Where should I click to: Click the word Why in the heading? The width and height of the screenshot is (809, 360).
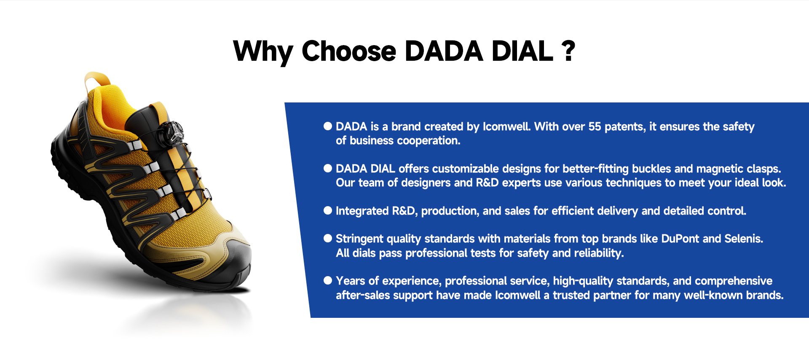(x=263, y=52)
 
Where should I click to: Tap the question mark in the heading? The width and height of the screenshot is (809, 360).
(x=568, y=51)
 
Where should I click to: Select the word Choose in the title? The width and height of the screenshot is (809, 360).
(x=349, y=51)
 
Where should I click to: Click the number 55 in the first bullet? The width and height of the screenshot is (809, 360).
(x=595, y=126)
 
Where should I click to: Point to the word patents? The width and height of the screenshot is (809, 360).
(x=625, y=127)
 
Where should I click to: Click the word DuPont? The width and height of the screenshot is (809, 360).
(x=680, y=239)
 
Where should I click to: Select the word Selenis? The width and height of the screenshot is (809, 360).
(x=744, y=239)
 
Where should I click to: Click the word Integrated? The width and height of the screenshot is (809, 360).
(x=362, y=211)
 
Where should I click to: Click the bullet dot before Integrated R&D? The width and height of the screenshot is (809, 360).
(x=328, y=210)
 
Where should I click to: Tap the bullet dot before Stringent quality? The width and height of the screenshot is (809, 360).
(x=328, y=238)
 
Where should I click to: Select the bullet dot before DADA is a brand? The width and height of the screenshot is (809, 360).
(x=328, y=126)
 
